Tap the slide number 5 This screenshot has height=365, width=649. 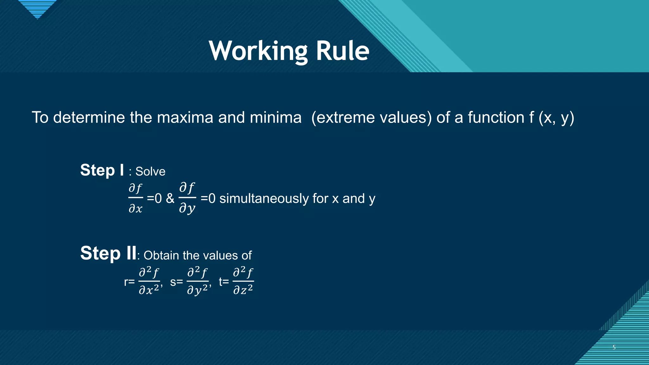point(614,347)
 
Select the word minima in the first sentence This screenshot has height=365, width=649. point(275,118)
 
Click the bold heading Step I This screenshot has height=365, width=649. point(102,170)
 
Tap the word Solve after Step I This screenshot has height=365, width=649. point(150,172)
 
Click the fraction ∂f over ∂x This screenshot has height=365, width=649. point(136,198)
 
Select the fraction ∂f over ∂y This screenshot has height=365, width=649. point(187,198)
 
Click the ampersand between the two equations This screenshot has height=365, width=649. point(170,199)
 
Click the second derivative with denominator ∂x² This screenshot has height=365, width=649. point(149,281)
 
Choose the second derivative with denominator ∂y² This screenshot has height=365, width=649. point(198,281)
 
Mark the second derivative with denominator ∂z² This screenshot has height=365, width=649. point(243,281)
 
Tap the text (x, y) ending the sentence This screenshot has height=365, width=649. point(556,118)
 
